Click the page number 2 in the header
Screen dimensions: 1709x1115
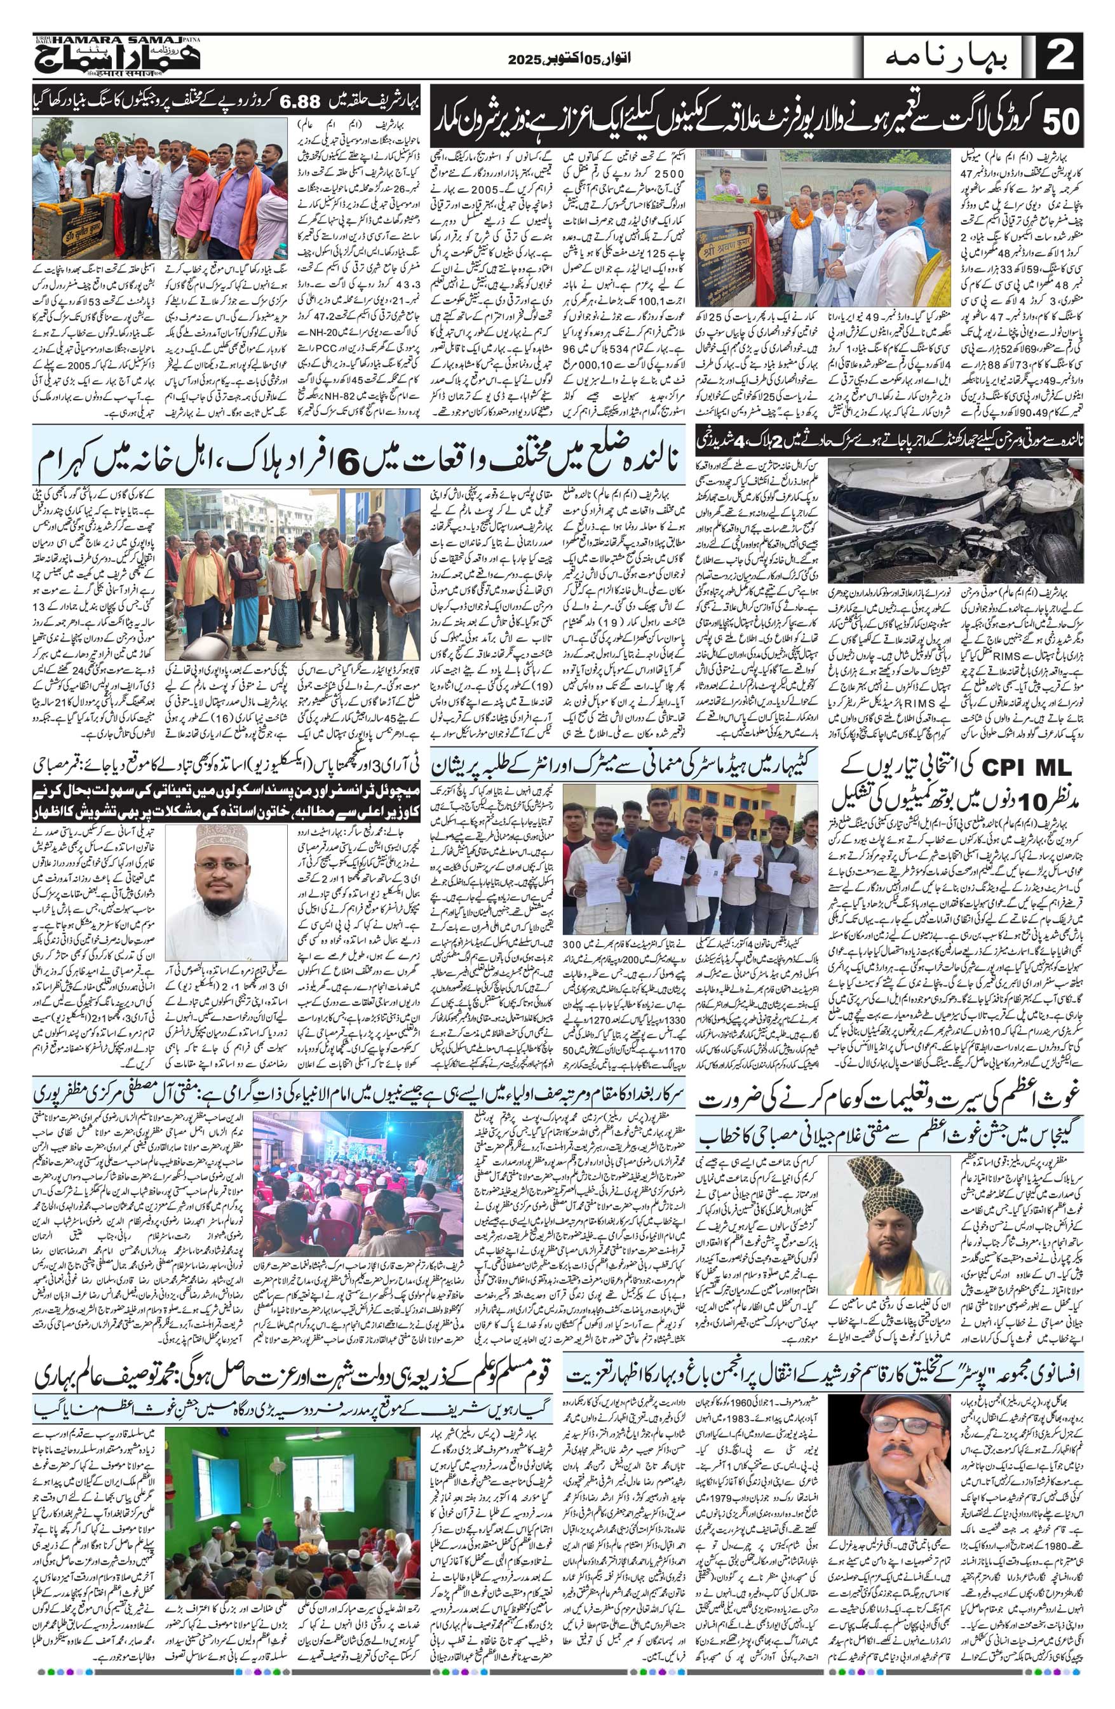1060,57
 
